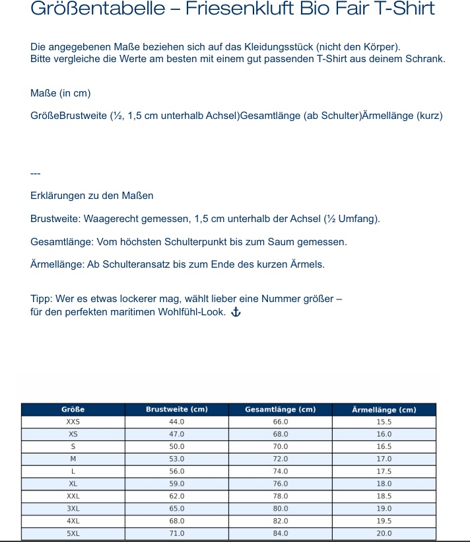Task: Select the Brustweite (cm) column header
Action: coord(176,410)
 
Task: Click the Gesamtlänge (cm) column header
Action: coord(280,410)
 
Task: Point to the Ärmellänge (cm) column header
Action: coord(384,410)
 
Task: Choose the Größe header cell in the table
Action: coord(73,410)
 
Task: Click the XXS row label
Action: coord(73,422)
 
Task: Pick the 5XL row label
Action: coord(73,533)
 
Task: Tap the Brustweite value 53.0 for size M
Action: coord(176,459)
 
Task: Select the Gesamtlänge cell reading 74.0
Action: coord(281,471)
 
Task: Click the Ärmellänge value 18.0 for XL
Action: coord(384,484)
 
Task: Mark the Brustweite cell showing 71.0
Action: coord(176,533)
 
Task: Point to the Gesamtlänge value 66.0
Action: coord(281,422)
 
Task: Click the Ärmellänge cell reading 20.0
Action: coord(384,533)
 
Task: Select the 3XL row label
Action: coord(73,509)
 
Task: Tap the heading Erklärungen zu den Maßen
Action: coord(92,196)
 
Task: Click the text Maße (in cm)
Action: coord(61,93)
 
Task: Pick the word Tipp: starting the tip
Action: coord(42,299)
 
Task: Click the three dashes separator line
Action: coord(36,173)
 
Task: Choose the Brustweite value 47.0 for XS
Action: coord(176,434)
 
